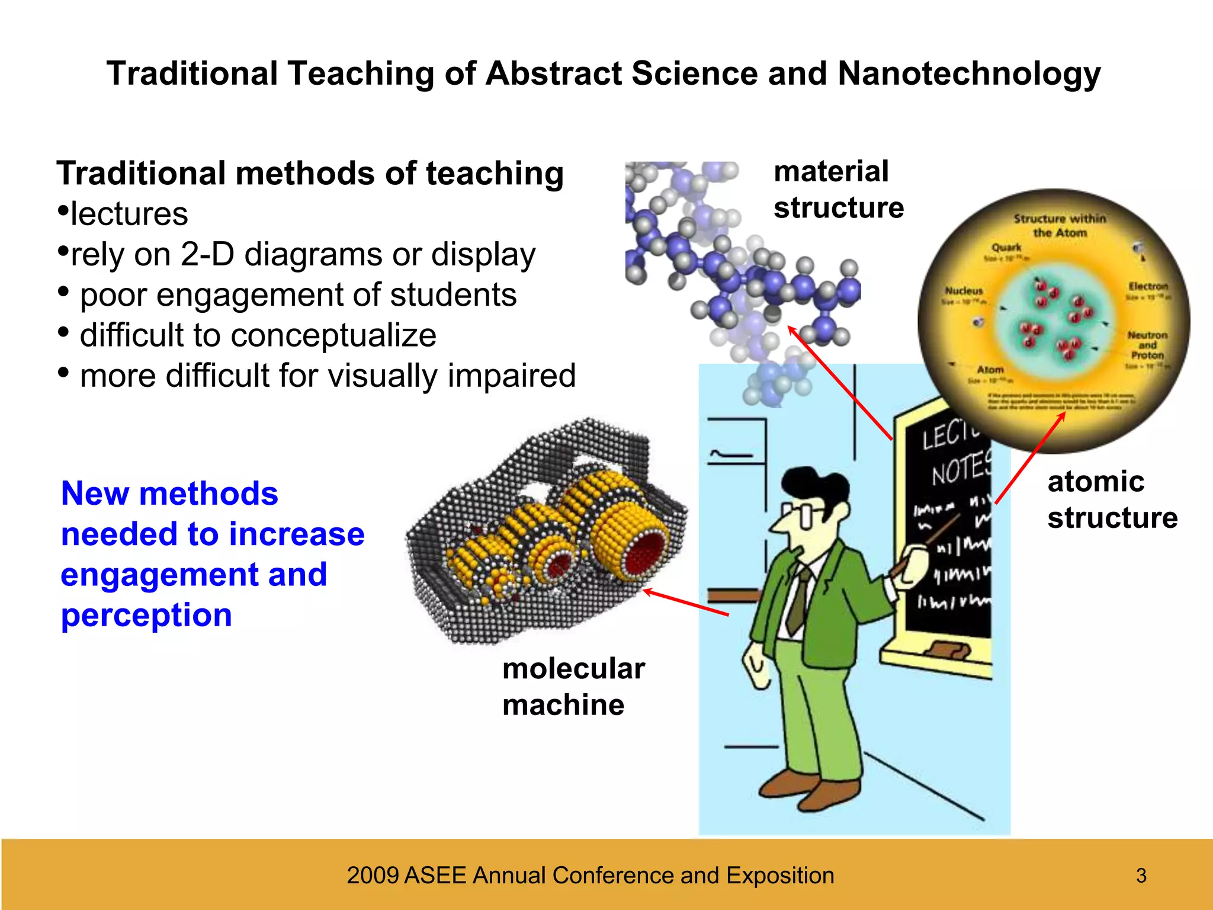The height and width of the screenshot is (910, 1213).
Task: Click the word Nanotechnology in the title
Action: pos(969,75)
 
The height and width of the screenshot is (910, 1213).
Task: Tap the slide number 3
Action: pos(1141,875)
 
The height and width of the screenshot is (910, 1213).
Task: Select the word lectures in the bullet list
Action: pos(129,214)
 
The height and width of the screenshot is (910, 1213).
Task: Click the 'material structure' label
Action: pos(838,190)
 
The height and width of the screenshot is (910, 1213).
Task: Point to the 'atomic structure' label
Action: pos(1112,499)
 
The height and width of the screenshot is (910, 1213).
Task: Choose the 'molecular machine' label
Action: pos(573,687)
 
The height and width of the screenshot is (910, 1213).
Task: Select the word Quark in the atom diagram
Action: pos(1006,247)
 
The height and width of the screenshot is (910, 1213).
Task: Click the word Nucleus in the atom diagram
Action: pos(964,291)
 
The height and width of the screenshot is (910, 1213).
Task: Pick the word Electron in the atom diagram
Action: pos(1148,287)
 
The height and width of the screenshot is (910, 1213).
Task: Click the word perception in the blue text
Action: pos(146,615)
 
